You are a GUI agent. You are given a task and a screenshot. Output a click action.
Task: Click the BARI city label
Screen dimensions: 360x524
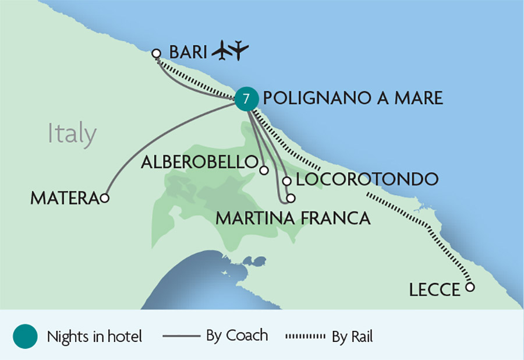click(188, 52)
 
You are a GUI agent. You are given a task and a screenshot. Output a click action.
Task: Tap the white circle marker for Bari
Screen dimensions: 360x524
click(156, 54)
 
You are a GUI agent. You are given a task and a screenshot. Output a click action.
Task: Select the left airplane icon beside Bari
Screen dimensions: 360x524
click(221, 51)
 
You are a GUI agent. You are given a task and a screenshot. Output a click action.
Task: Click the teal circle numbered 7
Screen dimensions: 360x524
click(246, 99)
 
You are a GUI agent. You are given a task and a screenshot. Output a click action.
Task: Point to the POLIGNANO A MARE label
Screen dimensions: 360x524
click(353, 98)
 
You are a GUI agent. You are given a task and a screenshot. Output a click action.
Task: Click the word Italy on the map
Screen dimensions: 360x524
click(72, 134)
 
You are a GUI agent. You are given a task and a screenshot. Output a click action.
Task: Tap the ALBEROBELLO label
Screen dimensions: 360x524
click(200, 162)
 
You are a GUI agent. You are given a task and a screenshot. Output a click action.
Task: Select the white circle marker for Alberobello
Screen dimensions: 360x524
click(264, 171)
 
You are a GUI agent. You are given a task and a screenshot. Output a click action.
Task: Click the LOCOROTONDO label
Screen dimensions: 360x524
click(366, 179)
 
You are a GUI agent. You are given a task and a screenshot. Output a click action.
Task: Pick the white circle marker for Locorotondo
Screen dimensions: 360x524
click(286, 181)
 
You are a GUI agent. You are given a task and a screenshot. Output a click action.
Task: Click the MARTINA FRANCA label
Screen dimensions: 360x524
click(293, 218)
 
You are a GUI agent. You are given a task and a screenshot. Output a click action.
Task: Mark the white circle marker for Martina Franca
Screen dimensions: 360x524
click(291, 198)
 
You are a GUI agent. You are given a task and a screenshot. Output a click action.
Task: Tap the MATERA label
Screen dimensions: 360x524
click(64, 199)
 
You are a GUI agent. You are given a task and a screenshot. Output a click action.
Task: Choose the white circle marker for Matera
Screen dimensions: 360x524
click(105, 198)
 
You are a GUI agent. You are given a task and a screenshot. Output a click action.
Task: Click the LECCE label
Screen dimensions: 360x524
click(434, 290)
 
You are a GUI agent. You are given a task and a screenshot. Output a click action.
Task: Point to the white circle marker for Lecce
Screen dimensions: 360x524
click(470, 287)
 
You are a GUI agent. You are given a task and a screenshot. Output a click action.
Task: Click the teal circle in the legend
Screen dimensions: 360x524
click(24, 336)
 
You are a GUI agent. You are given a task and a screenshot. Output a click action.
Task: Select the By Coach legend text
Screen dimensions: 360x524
click(237, 336)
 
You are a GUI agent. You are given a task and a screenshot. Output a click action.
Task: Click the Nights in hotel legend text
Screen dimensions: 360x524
click(94, 336)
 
